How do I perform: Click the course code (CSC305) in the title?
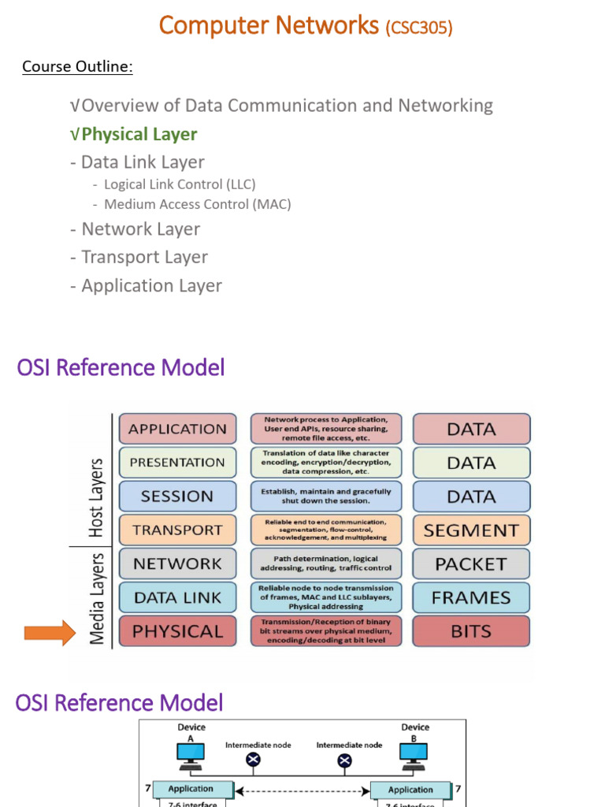click(x=418, y=28)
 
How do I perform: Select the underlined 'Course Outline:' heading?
click(x=77, y=66)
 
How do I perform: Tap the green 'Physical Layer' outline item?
click(x=139, y=134)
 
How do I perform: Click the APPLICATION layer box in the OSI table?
click(x=177, y=429)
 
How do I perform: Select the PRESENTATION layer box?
click(x=177, y=463)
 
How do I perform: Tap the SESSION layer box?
click(x=177, y=496)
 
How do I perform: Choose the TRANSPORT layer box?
click(x=177, y=530)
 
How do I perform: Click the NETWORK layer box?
click(x=177, y=563)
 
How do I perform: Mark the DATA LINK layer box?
click(x=177, y=597)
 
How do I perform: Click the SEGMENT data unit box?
click(x=471, y=530)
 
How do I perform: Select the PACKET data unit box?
click(x=471, y=563)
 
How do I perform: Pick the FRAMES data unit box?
click(x=471, y=597)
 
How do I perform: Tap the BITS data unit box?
click(x=471, y=631)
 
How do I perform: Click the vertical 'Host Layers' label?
click(x=96, y=498)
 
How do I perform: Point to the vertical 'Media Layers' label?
click(x=96, y=598)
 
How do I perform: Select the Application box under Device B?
click(x=410, y=789)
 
